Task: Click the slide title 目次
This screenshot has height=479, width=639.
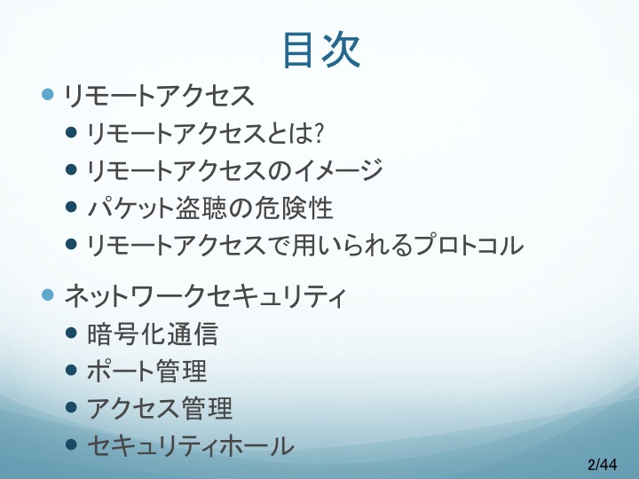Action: [x=321, y=50]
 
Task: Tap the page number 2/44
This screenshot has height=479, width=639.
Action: [x=603, y=464]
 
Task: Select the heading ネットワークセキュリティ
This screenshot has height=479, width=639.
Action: [x=205, y=295]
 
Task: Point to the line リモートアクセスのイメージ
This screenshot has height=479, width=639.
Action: [x=234, y=169]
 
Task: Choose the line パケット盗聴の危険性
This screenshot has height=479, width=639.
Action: [x=210, y=208]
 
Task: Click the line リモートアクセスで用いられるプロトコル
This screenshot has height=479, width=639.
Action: [x=305, y=245]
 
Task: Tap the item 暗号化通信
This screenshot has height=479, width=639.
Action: [x=153, y=334]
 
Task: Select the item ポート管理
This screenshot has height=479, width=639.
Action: [x=146, y=371]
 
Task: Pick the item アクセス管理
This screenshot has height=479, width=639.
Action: [x=160, y=408]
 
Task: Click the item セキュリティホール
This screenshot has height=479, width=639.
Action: [x=190, y=445]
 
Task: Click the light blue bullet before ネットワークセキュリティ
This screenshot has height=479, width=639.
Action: [x=48, y=294]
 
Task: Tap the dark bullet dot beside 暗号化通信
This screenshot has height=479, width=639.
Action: [x=71, y=333]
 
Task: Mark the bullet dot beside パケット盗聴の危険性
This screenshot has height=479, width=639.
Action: [x=71, y=207]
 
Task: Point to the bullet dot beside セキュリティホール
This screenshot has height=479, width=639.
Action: [x=71, y=444]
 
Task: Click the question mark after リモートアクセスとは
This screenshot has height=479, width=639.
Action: [x=318, y=133]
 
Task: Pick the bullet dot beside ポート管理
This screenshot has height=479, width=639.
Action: [x=71, y=370]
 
